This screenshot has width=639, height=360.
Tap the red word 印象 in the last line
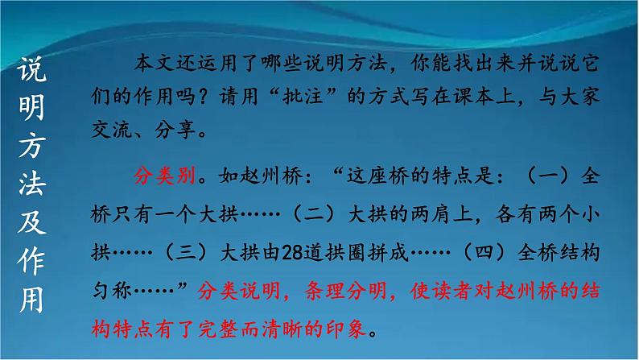pyautogui.click(x=348, y=331)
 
